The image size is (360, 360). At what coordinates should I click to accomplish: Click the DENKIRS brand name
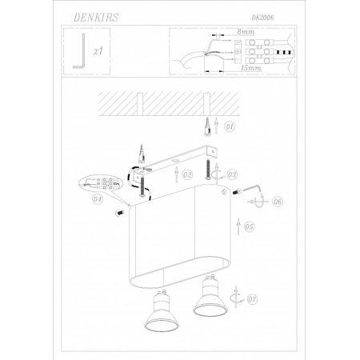(96, 18)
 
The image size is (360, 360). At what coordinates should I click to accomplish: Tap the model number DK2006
(262, 18)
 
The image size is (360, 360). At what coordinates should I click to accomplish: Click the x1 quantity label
(98, 51)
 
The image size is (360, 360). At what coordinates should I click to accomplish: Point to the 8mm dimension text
(246, 32)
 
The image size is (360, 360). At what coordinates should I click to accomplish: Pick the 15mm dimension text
(250, 68)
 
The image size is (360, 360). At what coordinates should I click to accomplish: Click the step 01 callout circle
(230, 126)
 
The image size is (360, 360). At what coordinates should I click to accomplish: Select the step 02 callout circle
(187, 174)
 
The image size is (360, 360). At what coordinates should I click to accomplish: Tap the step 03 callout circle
(232, 174)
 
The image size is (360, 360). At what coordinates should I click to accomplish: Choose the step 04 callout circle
(98, 199)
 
